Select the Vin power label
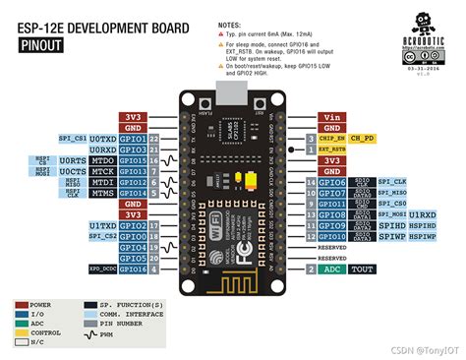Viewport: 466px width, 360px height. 331,116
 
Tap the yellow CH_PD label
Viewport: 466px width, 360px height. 362,138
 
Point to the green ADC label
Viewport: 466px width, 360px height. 333,269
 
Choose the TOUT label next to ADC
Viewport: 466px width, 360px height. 362,269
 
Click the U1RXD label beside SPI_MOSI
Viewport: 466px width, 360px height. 424,214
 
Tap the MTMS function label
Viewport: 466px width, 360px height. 103,193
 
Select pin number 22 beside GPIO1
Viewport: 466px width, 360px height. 154,139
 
